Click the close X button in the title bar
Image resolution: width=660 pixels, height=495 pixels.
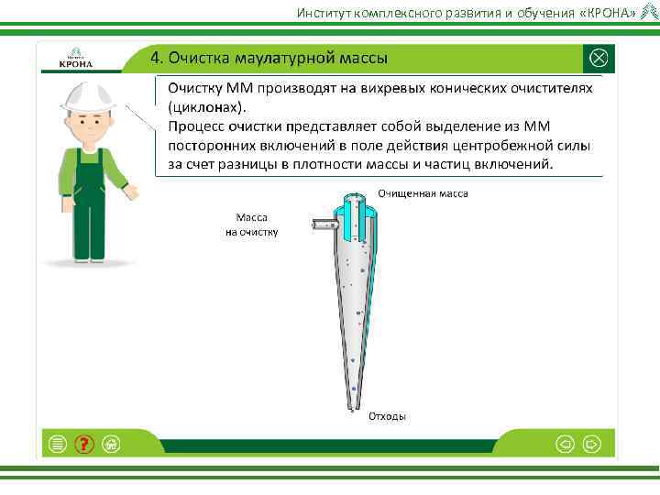click(598, 58)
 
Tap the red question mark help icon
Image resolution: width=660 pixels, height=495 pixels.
click(84, 445)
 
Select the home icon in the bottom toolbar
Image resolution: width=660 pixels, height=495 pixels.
click(111, 445)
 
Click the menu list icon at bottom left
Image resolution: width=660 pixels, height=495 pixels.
click(58, 445)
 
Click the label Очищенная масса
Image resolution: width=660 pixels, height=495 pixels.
click(423, 194)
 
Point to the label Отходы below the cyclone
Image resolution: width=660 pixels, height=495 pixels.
click(387, 416)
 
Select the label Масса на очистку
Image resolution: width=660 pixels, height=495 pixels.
click(251, 225)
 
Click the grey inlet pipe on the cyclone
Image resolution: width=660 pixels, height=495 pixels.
click(322, 224)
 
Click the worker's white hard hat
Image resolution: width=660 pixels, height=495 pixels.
click(86, 97)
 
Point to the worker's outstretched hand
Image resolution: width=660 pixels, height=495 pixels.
click(131, 192)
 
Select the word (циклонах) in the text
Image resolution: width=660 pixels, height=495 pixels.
click(207, 106)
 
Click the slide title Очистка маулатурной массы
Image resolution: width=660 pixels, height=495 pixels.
click(269, 58)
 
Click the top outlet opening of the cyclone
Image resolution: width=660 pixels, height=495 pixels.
click(353, 196)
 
